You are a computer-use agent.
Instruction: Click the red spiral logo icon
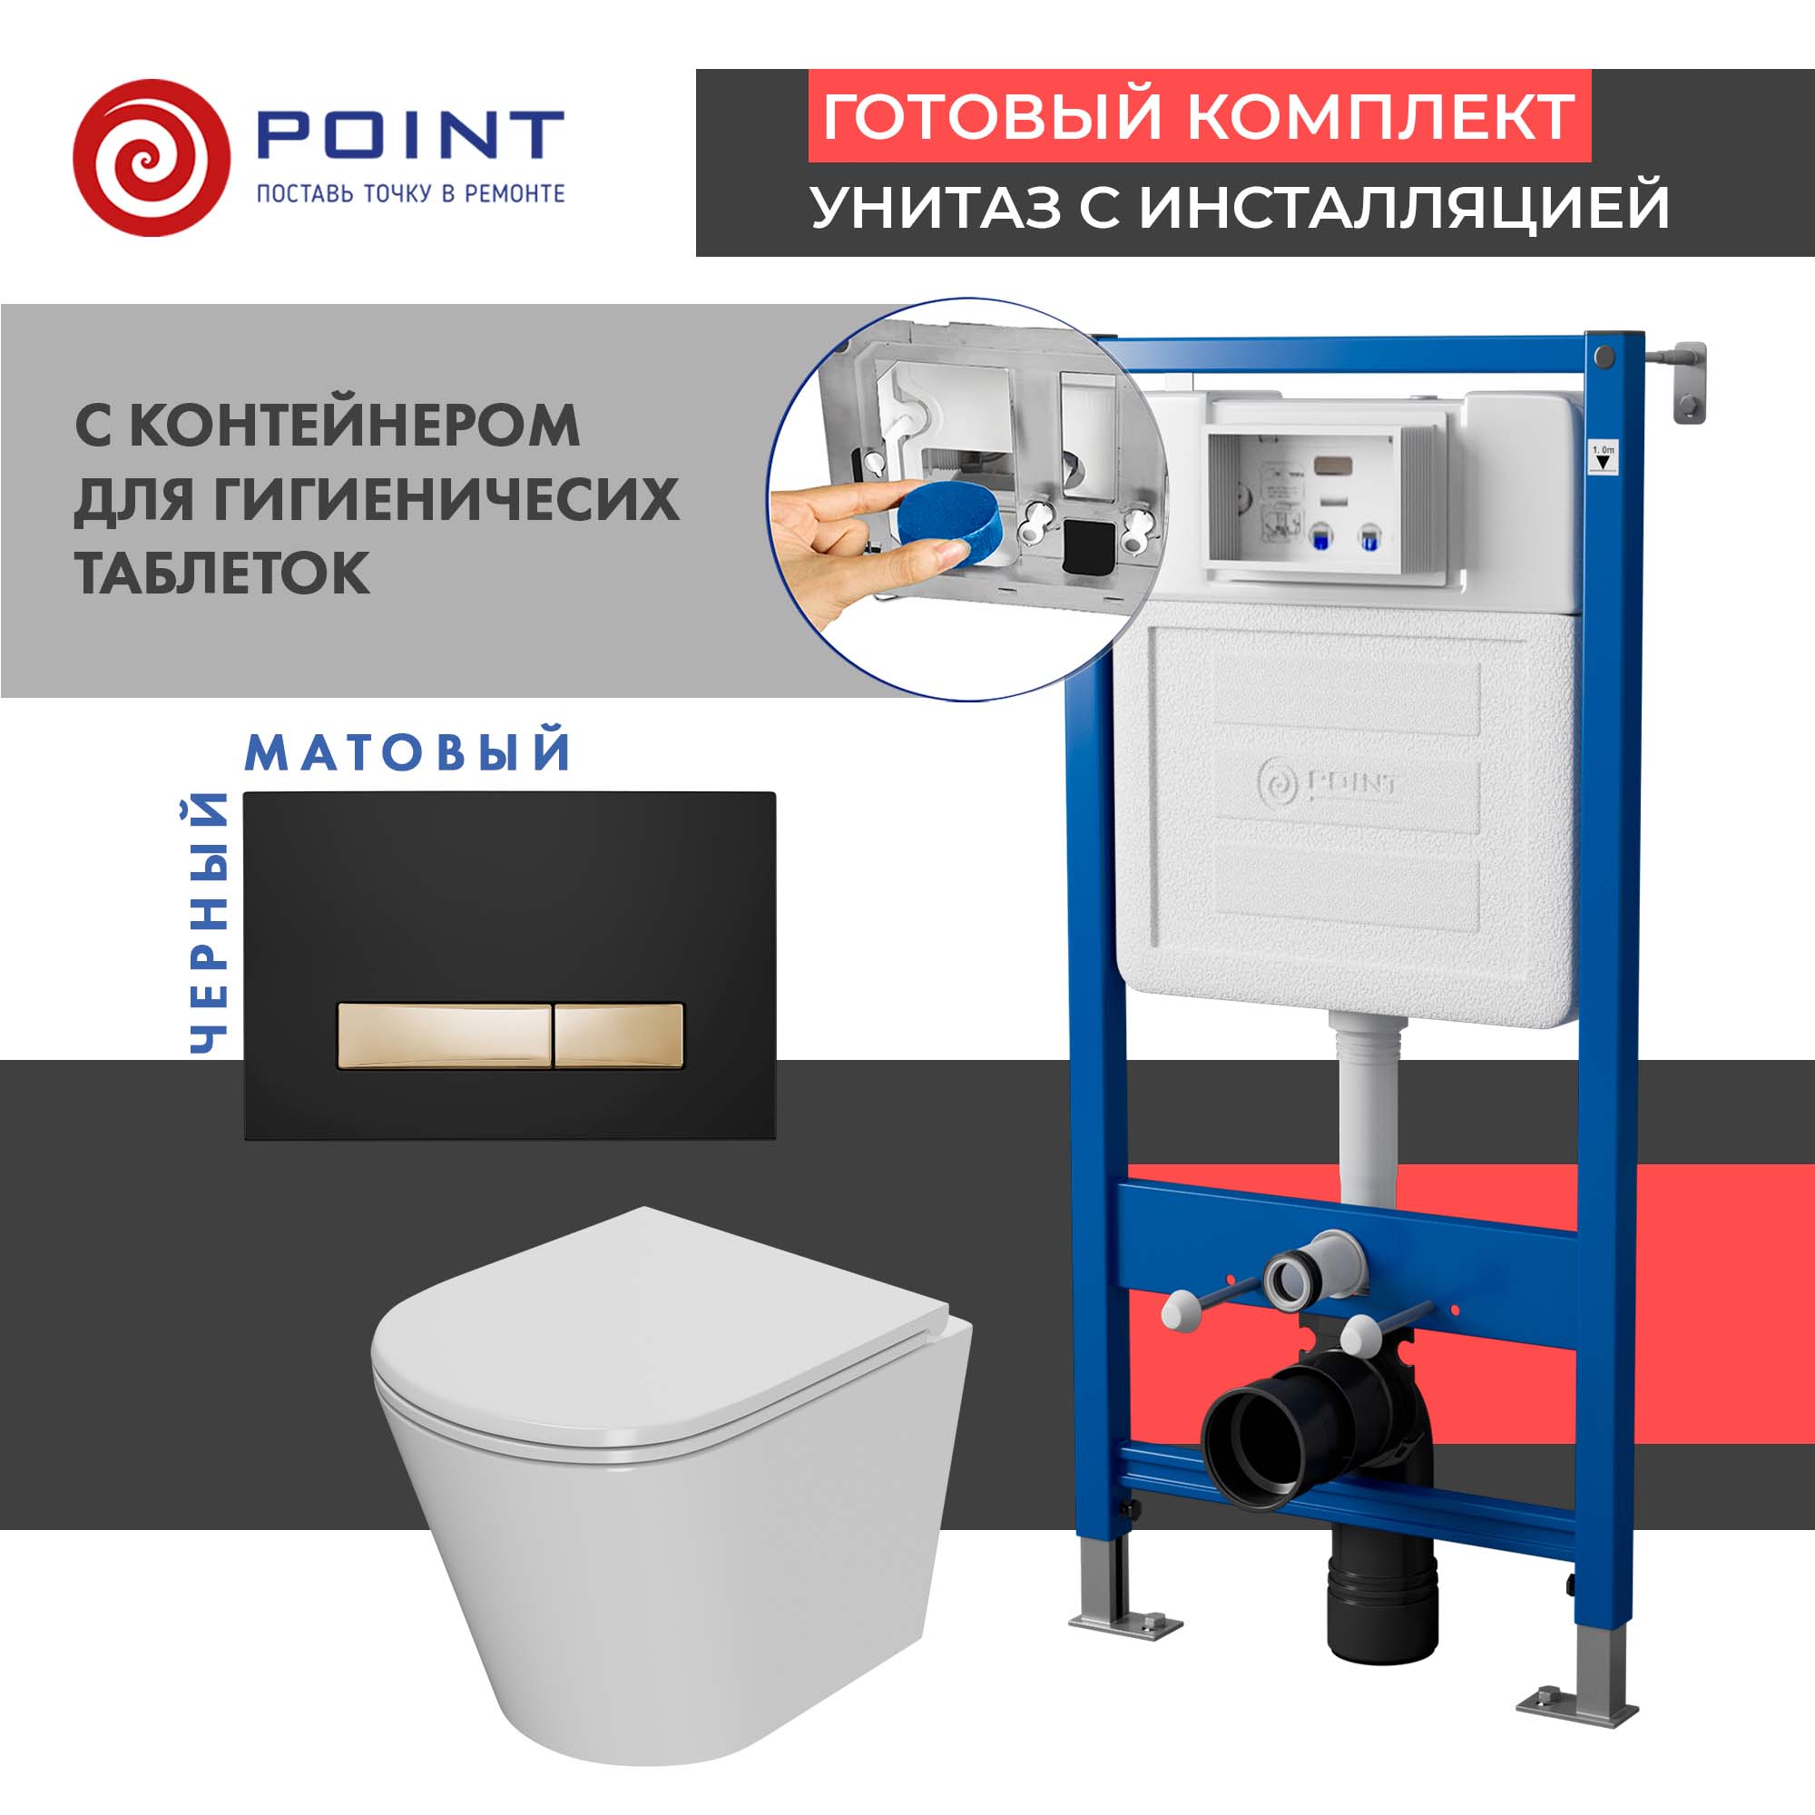[151, 158]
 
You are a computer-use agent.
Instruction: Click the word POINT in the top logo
[409, 136]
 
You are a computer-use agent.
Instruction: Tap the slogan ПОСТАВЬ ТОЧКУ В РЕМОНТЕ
[410, 193]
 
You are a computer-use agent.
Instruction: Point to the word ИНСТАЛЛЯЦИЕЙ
[1405, 207]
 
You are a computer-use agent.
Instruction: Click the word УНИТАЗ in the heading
[935, 207]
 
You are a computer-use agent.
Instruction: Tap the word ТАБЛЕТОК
[221, 572]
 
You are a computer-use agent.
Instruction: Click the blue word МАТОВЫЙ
[407, 752]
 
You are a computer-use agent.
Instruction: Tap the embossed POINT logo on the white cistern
[1327, 781]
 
